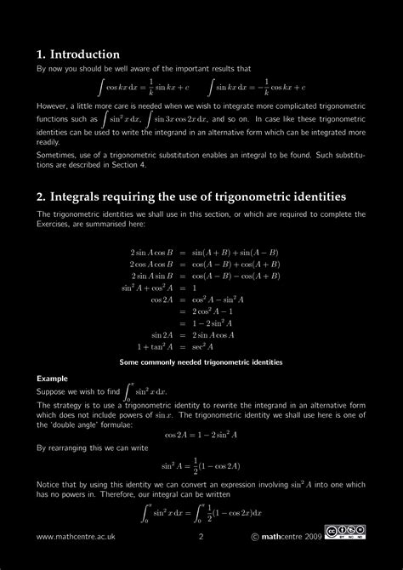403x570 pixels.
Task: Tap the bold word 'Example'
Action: click(52, 377)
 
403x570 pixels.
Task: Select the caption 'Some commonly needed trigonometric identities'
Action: click(201, 362)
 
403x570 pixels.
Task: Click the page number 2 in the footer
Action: click(201, 537)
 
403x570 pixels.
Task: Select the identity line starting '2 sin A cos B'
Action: click(200, 253)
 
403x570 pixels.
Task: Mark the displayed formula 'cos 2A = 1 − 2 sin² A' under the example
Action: click(201, 434)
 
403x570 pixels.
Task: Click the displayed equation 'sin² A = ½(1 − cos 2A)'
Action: click(201, 467)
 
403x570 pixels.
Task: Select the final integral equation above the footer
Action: click(201, 513)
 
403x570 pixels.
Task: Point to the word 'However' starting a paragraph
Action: click(54, 108)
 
